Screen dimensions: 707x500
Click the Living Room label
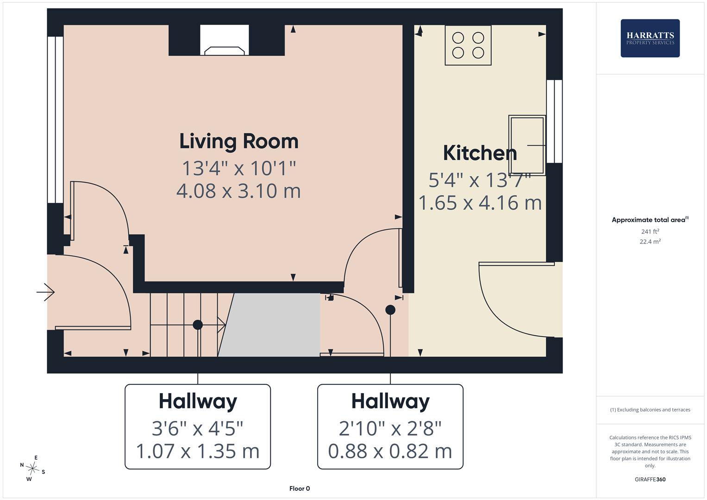239,142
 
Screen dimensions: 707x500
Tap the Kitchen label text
480,153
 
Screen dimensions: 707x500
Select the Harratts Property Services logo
650,38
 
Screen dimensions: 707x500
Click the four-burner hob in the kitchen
468,45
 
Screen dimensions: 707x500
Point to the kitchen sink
527,145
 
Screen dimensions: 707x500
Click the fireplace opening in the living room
225,40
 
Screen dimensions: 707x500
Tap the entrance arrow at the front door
45,292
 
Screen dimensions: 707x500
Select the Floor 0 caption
300,488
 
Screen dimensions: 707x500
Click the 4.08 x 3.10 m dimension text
238,191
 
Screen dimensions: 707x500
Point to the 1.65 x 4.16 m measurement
480,203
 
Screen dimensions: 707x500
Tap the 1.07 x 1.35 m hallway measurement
198,451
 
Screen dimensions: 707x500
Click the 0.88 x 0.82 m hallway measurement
390,451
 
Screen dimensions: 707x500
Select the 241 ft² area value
650,231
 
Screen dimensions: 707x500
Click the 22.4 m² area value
650,242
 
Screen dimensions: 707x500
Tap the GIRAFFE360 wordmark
650,480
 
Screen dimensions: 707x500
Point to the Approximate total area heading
650,220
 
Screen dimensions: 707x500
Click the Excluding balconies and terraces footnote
650,410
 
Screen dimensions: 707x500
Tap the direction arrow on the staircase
212,325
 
